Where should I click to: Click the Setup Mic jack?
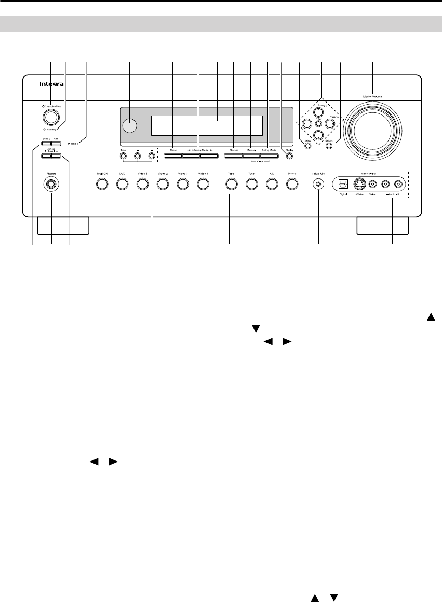click(318, 184)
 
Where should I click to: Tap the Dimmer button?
click(233, 156)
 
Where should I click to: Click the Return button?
click(329, 146)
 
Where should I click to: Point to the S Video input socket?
click(358, 184)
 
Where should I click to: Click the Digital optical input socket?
click(343, 184)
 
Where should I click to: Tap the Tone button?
click(123, 156)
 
